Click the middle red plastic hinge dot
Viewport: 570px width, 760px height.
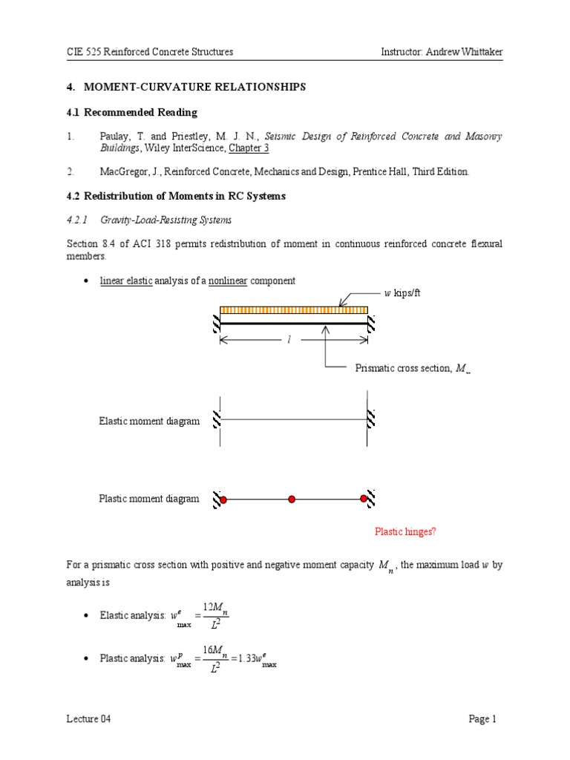click(x=292, y=499)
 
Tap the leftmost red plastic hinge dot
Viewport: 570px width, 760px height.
click(x=223, y=499)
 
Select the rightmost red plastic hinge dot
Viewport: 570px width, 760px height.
click(x=364, y=499)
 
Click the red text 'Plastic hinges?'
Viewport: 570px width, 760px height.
click(x=405, y=531)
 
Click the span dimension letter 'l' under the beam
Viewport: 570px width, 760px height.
click(x=289, y=339)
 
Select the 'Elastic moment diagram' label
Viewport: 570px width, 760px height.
click(x=149, y=421)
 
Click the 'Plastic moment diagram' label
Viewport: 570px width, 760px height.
click(x=149, y=499)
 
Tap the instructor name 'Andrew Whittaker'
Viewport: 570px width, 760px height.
click(x=462, y=51)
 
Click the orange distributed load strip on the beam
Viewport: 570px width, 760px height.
click(x=294, y=310)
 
